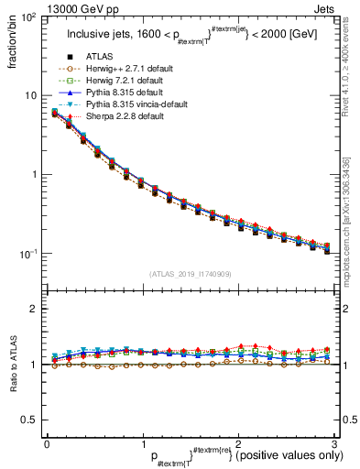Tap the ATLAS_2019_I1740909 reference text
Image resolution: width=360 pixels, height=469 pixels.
pyautogui.click(x=189, y=274)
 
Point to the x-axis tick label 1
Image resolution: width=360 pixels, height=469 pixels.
pyautogui.click(x=142, y=444)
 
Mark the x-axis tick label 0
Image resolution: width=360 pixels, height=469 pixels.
pyautogui.click(x=47, y=444)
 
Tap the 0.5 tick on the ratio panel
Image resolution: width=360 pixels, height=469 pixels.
pyautogui.click(x=30, y=420)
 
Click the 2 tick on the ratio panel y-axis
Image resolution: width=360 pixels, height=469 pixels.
pyautogui.click(x=35, y=309)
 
